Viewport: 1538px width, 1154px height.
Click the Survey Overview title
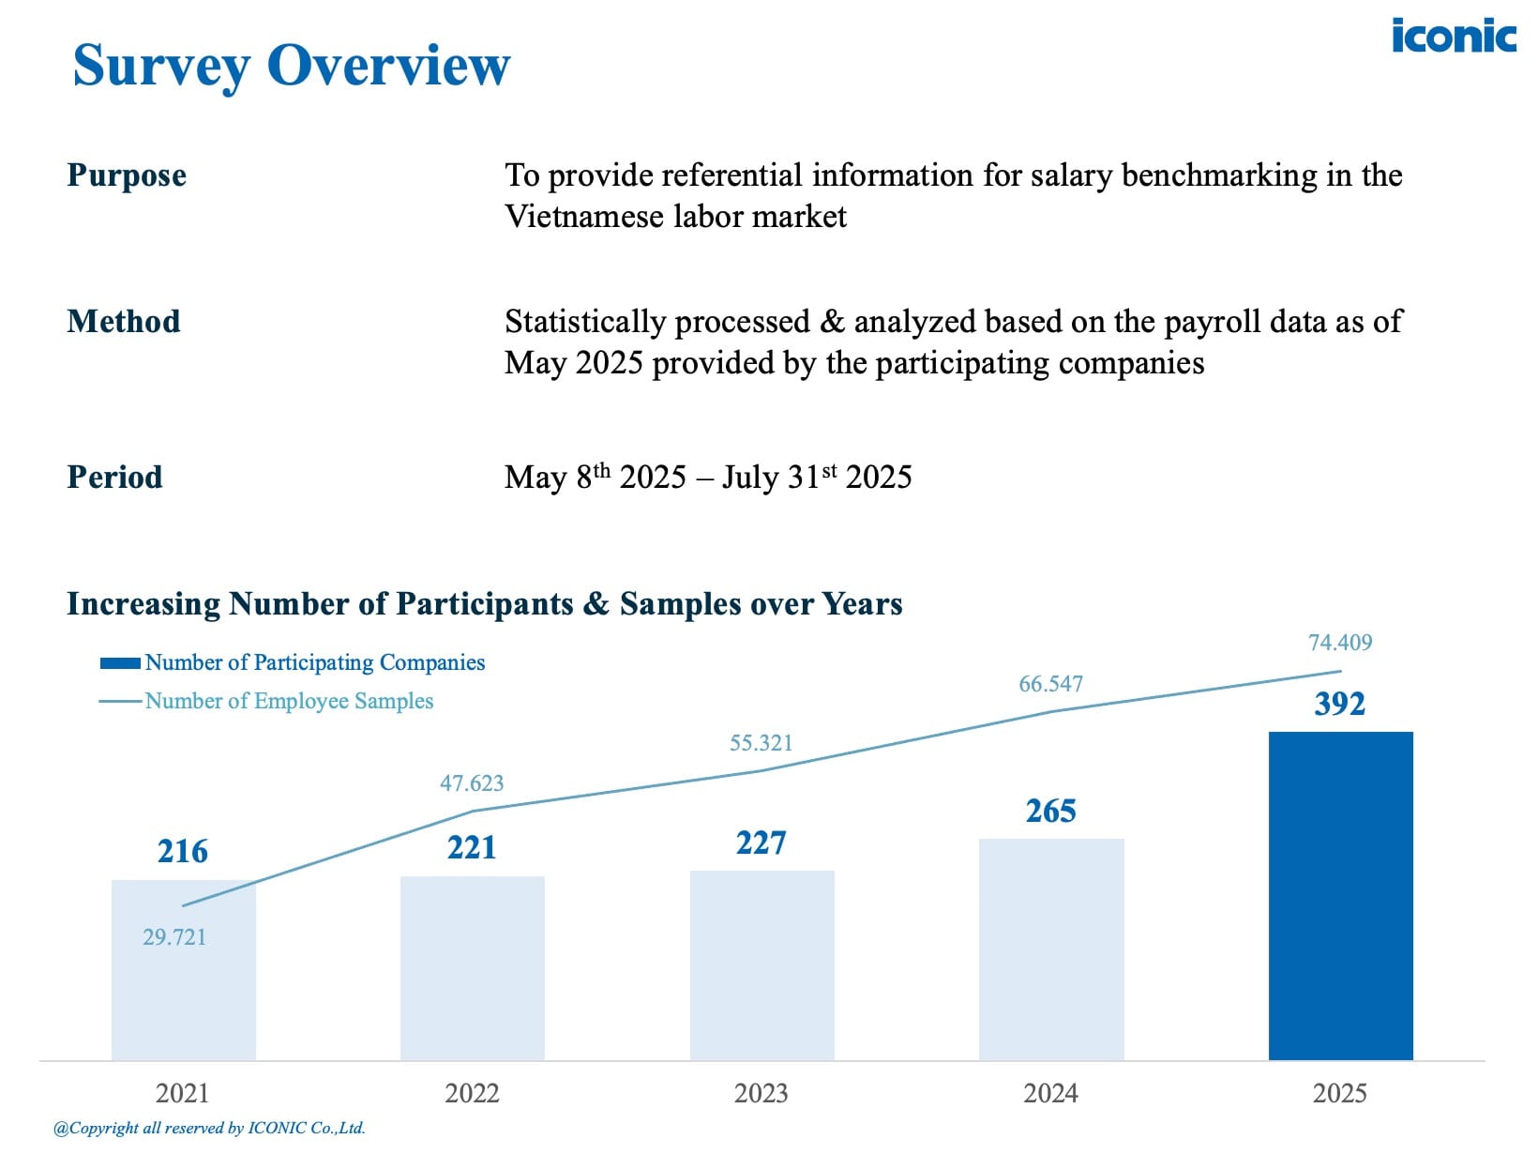292,66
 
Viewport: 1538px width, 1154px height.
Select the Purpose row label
127,175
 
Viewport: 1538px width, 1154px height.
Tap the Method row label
124,322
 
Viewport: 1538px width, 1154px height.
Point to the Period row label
114,477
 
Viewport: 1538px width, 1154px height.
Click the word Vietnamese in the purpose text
584,217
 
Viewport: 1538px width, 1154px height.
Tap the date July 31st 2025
816,477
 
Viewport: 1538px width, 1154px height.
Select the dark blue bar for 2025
1340,896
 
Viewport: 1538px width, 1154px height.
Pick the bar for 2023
761,966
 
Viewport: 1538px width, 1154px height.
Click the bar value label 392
1339,704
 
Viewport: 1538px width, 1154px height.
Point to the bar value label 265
1050,811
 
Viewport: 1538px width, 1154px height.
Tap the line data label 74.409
1339,643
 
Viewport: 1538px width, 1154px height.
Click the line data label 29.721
174,937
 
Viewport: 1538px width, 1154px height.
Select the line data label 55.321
761,743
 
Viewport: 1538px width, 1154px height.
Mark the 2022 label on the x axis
472,1093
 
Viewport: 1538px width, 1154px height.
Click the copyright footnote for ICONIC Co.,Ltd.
209,1129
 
